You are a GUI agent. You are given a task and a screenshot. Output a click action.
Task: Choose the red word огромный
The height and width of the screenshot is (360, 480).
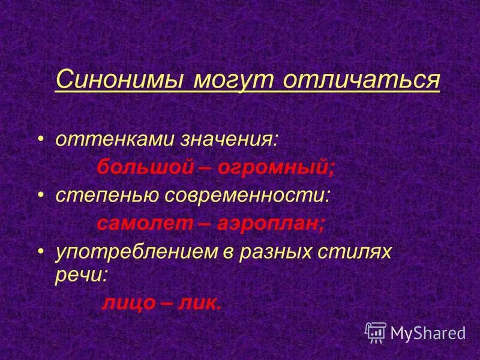pos(278,167)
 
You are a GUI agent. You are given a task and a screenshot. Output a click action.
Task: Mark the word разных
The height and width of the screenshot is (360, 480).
pos(276,251)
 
